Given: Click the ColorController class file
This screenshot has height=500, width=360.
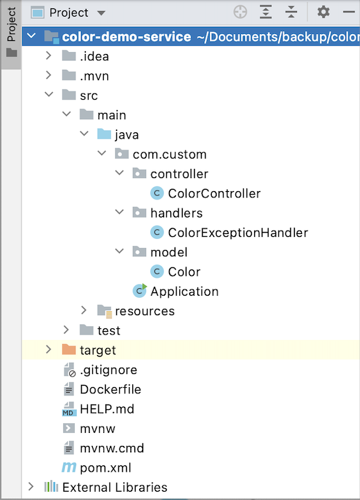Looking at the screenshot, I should (214, 193).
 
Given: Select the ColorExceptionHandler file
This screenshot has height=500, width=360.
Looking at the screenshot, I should (237, 233).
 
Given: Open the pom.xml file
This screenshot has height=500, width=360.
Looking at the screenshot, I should (105, 467).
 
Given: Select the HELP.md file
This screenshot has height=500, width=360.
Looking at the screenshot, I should (107, 409).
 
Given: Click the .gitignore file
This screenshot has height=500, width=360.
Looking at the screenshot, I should (108, 370).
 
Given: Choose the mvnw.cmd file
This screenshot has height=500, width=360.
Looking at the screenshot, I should (111, 448).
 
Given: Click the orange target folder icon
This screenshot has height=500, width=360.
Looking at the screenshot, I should (69, 350).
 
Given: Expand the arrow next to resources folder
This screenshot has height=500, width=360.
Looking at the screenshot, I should (84, 311).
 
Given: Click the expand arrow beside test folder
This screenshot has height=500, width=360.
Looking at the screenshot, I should (66, 330).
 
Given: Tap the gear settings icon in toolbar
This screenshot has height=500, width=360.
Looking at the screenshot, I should (323, 12).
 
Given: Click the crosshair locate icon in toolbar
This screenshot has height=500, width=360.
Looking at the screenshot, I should (240, 12).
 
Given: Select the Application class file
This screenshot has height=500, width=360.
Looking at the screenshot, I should (184, 291).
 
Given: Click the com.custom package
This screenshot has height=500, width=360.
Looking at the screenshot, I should (169, 154).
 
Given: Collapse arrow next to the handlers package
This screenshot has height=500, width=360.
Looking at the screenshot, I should (118, 213).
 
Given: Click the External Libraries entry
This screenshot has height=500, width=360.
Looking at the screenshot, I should (114, 487).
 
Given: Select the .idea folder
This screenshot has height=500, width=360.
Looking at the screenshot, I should (94, 56).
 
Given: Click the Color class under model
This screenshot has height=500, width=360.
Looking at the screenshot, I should (183, 271).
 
